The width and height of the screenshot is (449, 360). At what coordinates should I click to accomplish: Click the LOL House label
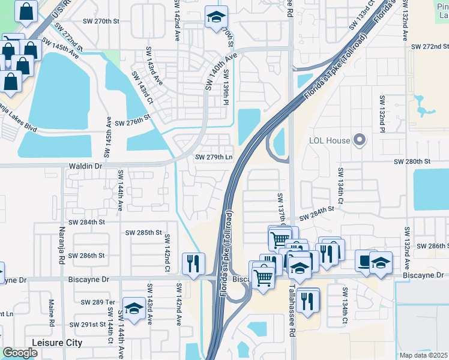click(329, 141)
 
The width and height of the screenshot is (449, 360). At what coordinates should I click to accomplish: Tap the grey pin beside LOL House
click(360, 140)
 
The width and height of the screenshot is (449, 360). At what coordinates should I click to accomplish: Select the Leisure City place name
click(57, 343)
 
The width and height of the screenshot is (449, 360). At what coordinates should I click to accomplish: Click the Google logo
click(20, 353)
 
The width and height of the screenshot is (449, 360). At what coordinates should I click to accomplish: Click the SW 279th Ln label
click(213, 157)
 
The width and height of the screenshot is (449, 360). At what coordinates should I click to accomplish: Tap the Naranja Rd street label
click(61, 252)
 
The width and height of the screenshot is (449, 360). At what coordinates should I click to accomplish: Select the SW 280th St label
click(412, 162)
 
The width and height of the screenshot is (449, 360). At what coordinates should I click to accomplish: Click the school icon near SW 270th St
click(214, 17)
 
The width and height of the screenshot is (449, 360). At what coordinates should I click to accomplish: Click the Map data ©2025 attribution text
click(424, 355)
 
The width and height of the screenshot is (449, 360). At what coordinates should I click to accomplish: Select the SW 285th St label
click(143, 232)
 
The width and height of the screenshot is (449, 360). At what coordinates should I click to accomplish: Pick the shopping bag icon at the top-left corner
click(26, 11)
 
